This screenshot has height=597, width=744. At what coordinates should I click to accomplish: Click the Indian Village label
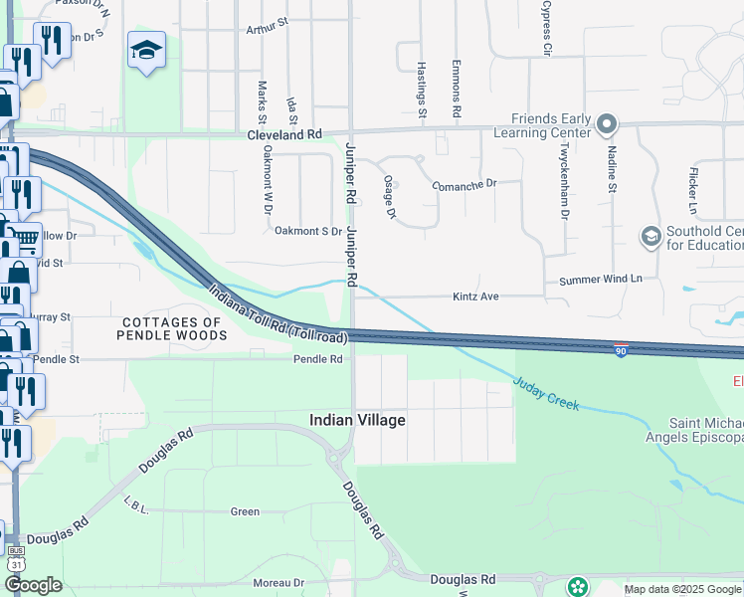(x=357, y=421)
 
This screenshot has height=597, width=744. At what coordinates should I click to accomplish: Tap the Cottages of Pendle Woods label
(x=171, y=328)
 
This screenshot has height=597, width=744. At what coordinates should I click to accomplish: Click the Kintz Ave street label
(x=475, y=297)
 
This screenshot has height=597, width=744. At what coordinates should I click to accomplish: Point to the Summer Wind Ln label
(x=601, y=281)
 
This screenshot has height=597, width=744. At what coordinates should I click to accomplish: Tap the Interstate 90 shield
(x=621, y=351)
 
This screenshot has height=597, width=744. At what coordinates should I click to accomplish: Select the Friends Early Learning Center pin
(x=607, y=125)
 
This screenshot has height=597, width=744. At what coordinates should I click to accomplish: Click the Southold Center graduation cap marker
(x=651, y=236)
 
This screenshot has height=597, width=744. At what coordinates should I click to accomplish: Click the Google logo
(x=34, y=585)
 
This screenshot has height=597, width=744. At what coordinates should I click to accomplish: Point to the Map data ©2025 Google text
(x=681, y=589)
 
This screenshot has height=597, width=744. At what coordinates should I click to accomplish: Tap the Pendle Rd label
(x=317, y=359)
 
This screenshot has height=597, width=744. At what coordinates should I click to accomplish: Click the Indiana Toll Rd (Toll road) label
(x=278, y=314)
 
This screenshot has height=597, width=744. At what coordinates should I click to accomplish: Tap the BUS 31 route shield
(x=15, y=556)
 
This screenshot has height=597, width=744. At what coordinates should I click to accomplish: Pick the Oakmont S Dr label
(x=308, y=231)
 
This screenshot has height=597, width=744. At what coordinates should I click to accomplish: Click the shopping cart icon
(x=27, y=239)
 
